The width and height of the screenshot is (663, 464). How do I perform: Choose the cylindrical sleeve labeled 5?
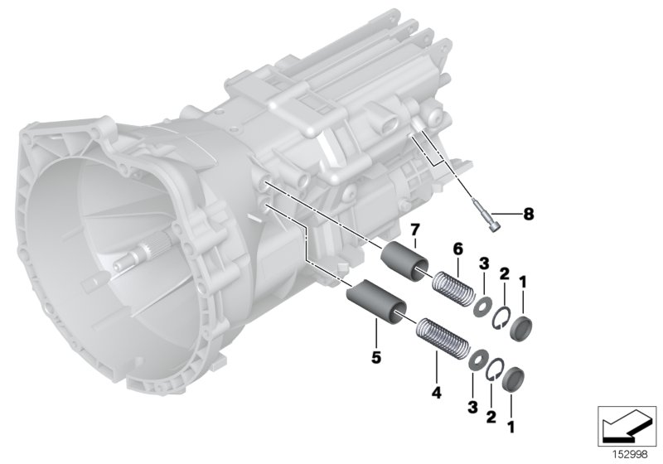(x=375, y=299)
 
